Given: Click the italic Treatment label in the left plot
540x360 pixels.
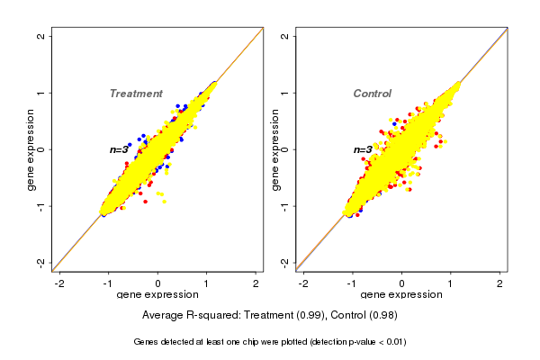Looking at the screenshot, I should pos(136,94).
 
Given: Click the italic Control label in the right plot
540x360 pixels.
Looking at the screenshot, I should pos(372,94).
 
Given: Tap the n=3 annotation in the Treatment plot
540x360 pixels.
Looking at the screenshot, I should pos(120,149).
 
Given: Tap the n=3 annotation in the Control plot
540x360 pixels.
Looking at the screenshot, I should pos(363,150).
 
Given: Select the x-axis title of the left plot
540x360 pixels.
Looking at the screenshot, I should pos(157,296).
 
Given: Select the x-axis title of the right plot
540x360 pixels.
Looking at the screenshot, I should pos(401,296).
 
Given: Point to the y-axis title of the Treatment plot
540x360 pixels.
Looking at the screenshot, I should pos(31,149).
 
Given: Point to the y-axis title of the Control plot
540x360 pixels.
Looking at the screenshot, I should pos(275,149).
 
